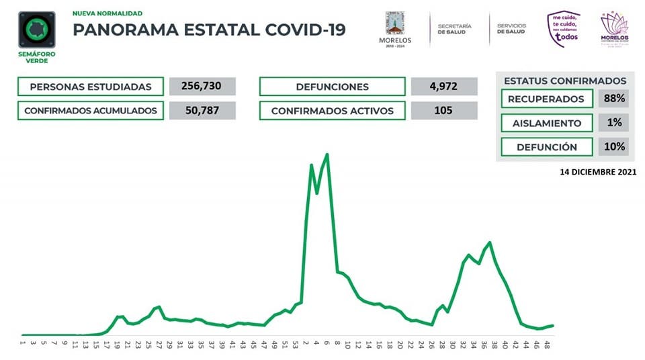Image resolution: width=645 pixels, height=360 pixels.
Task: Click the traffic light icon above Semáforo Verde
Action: (37, 29)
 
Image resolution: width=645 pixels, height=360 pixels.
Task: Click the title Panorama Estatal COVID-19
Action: (208, 30)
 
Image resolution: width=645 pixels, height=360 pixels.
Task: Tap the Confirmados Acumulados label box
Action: (91, 111)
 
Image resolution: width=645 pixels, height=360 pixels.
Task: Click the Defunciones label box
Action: (332, 87)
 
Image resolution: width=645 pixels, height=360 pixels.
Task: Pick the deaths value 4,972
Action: (443, 87)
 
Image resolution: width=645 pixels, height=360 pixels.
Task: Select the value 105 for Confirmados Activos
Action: (443, 111)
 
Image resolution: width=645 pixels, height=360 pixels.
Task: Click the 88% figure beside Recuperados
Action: (613, 99)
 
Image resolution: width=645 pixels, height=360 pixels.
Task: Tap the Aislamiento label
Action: (546, 123)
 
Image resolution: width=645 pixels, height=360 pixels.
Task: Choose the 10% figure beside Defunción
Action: (613, 146)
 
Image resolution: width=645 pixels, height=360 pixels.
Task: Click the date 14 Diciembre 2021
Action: (598, 173)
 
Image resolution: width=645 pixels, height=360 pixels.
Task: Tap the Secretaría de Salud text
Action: (454, 29)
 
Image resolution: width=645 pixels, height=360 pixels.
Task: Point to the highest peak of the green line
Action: (327, 154)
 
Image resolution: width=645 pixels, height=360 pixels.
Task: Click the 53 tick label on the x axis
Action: (295, 345)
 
